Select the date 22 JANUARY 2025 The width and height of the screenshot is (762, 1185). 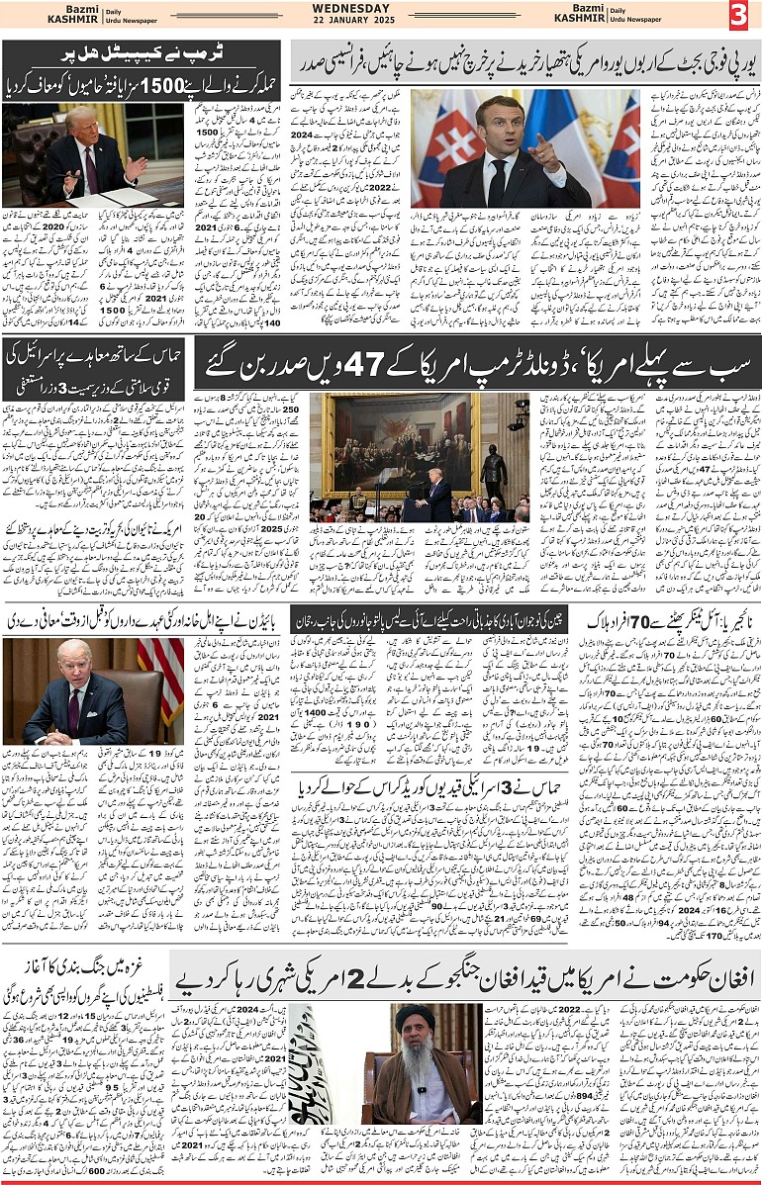380,21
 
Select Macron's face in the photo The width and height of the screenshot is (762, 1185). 498,121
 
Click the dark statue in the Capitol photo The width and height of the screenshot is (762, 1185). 492,471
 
